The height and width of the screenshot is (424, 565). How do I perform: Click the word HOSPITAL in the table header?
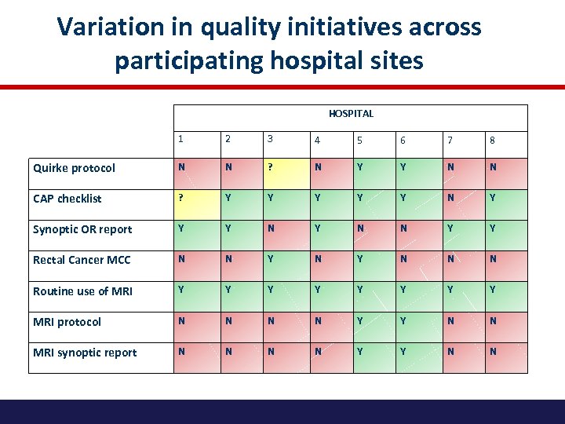351,114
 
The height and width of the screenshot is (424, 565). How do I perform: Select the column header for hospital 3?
271,139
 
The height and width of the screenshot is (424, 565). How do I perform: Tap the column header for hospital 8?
492,141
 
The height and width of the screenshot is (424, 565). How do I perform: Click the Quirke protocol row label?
74,168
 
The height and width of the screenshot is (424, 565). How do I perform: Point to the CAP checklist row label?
67,199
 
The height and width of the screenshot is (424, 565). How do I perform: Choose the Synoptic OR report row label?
82,229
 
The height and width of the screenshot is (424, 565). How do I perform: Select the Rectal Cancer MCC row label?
82,260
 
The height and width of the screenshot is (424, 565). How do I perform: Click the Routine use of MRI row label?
82,291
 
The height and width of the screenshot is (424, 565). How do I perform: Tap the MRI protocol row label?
67,322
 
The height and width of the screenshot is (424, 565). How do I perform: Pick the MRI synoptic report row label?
85,353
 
